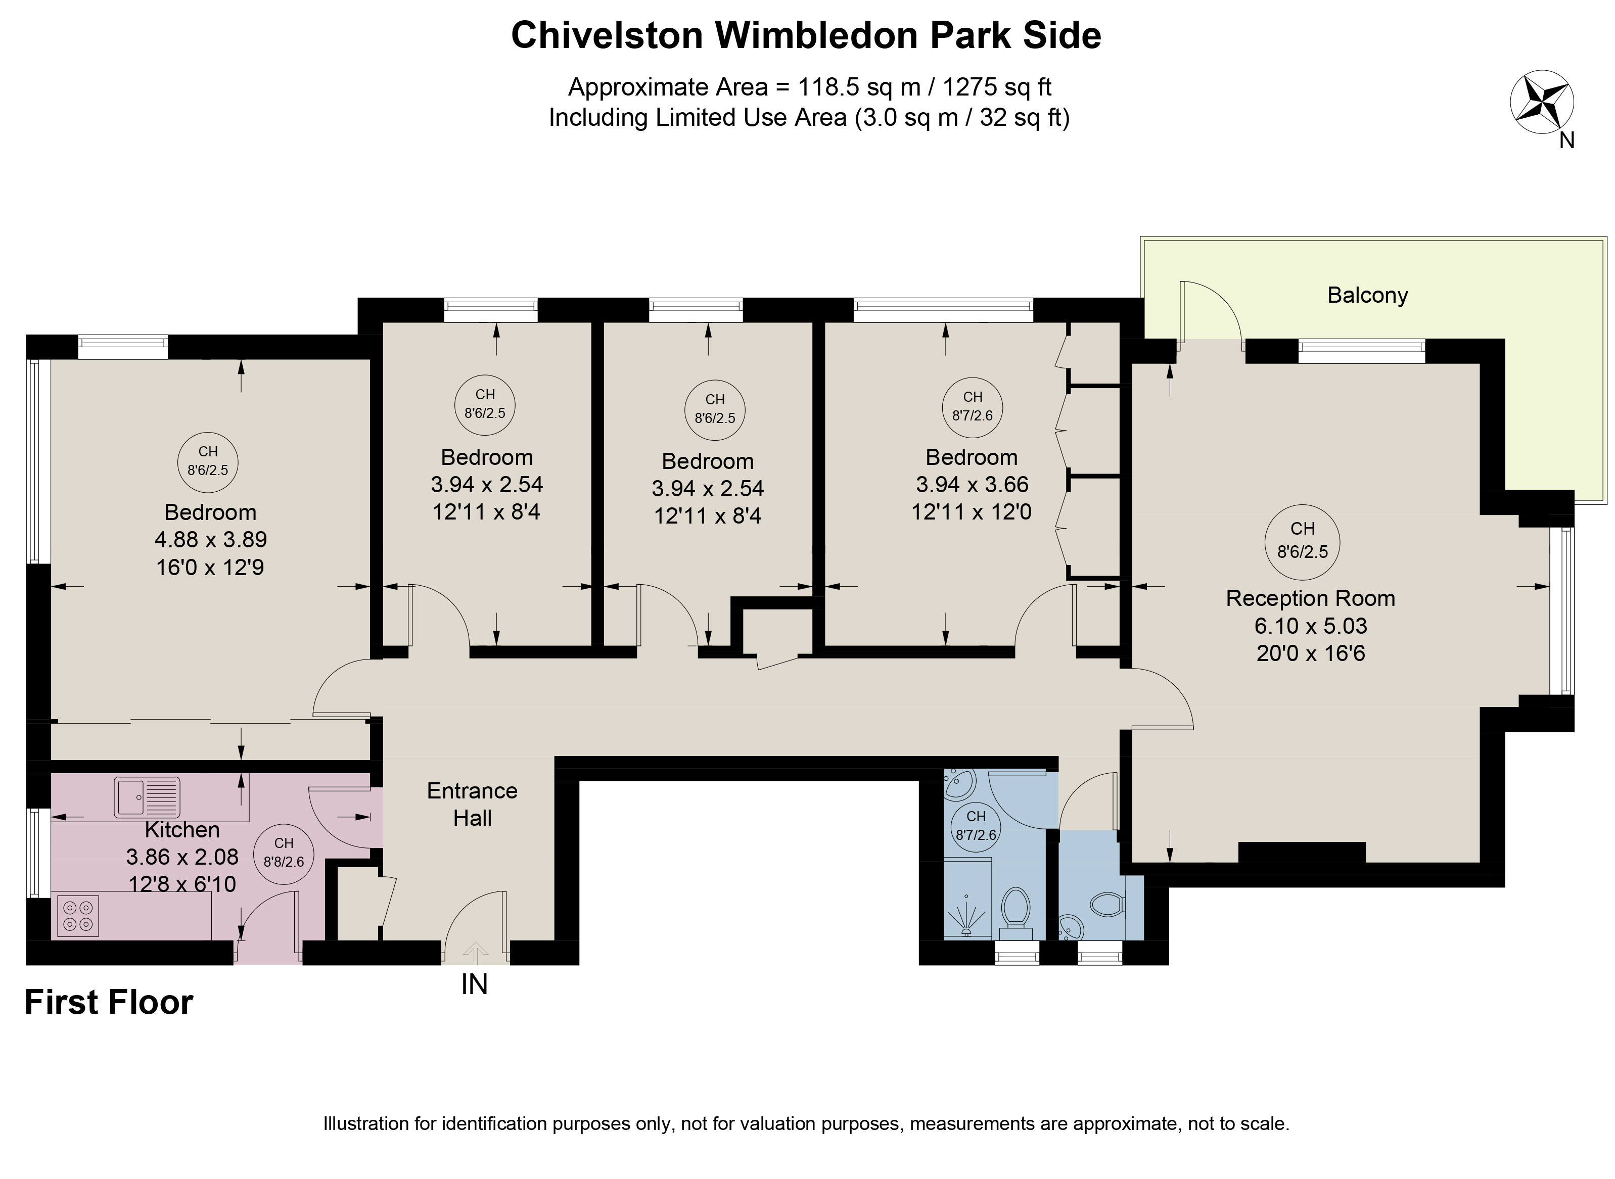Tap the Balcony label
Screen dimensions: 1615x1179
pyautogui.click(x=1367, y=296)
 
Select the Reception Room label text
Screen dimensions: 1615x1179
pyautogui.click(x=1310, y=598)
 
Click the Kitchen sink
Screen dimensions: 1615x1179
pyautogui.click(x=147, y=797)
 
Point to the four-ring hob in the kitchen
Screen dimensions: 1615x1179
pyautogui.click(x=78, y=916)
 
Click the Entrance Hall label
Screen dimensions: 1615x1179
pyautogui.click(x=473, y=805)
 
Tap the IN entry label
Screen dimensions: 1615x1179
pyautogui.click(x=475, y=985)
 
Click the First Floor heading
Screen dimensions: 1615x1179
pyautogui.click(x=109, y=1003)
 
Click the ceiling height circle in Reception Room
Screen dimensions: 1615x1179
pyautogui.click(x=1303, y=540)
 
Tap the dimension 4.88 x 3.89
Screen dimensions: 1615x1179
pyautogui.click(x=210, y=540)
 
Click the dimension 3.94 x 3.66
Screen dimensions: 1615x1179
pyautogui.click(x=972, y=485)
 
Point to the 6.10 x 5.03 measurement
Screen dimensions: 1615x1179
pyautogui.click(x=1311, y=626)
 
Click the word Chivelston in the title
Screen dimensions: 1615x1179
pyautogui.click(x=607, y=36)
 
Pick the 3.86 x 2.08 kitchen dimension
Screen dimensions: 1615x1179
pyautogui.click(x=182, y=857)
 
